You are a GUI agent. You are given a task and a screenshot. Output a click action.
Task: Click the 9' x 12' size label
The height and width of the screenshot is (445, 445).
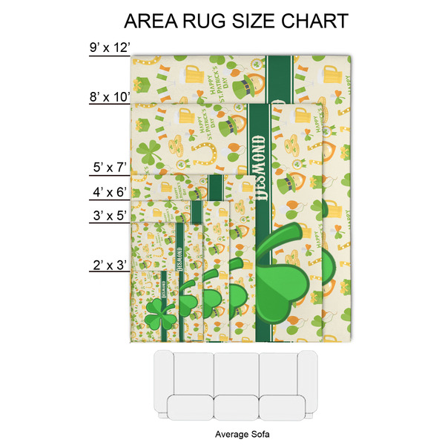pyautogui.click(x=109, y=48)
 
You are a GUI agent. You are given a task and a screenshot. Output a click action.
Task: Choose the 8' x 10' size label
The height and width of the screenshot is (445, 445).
pyautogui.click(x=109, y=96)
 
